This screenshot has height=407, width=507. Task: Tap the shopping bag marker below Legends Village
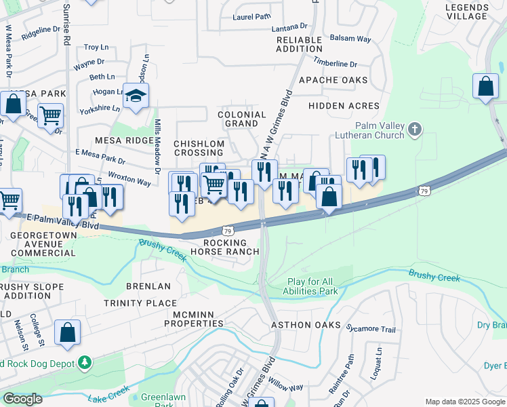click(485, 87)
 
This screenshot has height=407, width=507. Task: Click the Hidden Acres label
click(344, 106)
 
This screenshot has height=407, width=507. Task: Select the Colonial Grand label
click(241, 119)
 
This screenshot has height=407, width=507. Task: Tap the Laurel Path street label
click(251, 18)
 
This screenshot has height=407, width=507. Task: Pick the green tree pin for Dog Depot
click(84, 363)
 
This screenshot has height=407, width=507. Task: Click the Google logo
click(23, 399)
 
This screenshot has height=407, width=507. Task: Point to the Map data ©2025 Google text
click(464, 402)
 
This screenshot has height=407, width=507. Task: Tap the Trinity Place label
click(140, 303)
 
